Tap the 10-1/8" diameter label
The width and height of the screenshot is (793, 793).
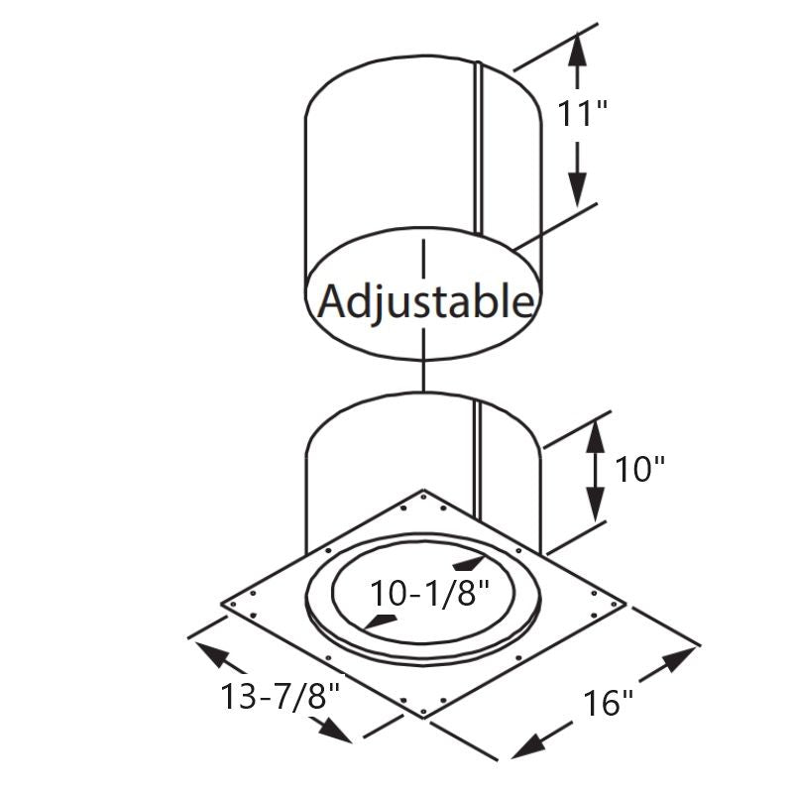point(430,593)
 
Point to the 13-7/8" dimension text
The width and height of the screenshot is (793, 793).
point(281,696)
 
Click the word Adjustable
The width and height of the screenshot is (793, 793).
point(424,300)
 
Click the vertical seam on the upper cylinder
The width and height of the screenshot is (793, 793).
point(477,149)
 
